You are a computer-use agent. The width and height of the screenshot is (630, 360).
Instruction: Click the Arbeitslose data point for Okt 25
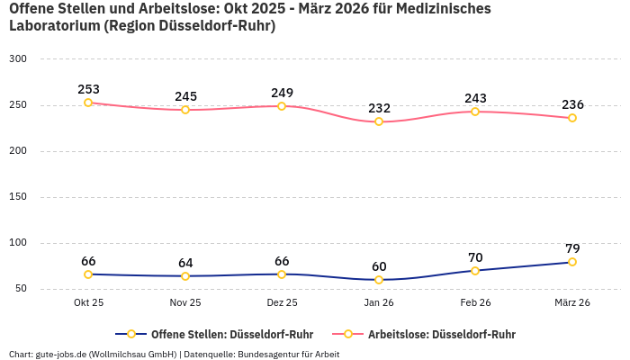coord(88,103)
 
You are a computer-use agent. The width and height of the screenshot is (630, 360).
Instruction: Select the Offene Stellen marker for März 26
coord(572,262)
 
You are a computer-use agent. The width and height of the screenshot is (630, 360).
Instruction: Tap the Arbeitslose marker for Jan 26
coord(379,121)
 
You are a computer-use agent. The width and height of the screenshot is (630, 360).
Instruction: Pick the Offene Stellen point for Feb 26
coord(475,270)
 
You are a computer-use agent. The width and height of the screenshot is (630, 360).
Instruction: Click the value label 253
coord(88,89)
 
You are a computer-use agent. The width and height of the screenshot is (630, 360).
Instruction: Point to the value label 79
coord(572,248)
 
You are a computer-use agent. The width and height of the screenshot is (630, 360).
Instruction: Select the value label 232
coord(379,108)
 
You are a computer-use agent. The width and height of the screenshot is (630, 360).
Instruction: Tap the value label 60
coord(379,266)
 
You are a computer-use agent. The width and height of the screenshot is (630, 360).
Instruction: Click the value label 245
coord(185,96)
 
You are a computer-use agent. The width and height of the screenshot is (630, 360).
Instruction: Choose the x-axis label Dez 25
coord(282,303)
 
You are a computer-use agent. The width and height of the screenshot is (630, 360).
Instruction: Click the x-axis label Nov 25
coord(185,303)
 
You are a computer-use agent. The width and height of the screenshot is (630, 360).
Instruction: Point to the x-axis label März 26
coord(572,303)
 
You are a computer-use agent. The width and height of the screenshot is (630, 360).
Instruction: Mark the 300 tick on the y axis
coord(19,59)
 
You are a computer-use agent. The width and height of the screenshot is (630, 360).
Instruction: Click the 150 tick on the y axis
coord(19,197)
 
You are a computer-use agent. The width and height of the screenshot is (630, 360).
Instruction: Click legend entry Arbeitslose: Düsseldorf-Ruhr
coord(441,334)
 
